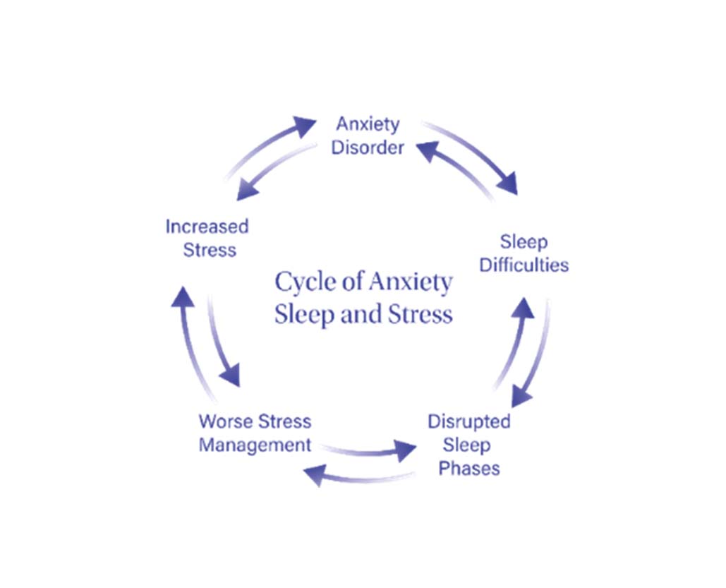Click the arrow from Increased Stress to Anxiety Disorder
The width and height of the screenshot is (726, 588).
tap(272, 145)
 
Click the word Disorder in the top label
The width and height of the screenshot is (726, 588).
tap(368, 148)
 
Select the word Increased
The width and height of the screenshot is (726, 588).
tap(207, 227)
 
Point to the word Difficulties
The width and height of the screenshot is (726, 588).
tap(524, 265)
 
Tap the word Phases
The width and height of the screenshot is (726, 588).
tap(469, 468)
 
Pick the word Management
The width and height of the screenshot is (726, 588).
tap(255, 445)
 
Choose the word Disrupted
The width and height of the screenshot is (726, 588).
tap(469, 421)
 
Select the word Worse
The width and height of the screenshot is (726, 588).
tap(224, 421)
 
